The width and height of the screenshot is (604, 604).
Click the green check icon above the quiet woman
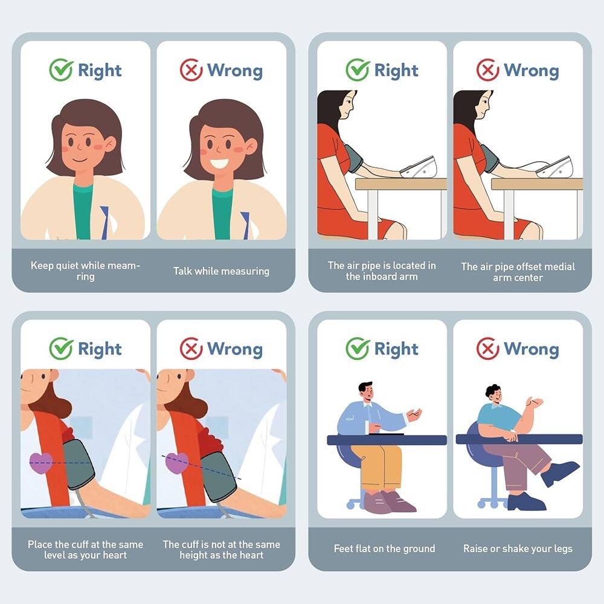[x=61, y=70]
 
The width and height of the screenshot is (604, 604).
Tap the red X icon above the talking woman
[x=191, y=70]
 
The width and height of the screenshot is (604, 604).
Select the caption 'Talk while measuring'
[x=221, y=271]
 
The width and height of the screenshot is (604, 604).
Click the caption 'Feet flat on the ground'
[x=384, y=549]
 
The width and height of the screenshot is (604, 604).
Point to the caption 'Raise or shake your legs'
[x=518, y=549]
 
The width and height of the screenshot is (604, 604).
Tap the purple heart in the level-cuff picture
[x=41, y=463]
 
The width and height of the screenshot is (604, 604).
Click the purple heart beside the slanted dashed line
[x=176, y=463]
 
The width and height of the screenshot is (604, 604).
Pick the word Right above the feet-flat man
[x=396, y=349]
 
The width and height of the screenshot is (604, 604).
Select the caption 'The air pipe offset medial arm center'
[x=518, y=272]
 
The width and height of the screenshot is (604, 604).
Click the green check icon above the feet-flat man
[x=358, y=349]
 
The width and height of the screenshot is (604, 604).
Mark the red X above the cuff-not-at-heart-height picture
[x=191, y=349]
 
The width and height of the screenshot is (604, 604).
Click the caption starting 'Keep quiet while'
[x=85, y=271]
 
